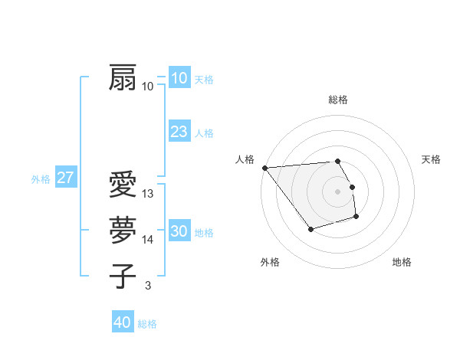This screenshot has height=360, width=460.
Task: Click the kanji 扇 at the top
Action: coord(123,77)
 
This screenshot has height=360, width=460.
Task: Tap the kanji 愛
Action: coord(123,185)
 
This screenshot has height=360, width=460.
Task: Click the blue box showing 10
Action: coord(179,78)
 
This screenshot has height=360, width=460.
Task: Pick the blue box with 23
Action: coord(179,132)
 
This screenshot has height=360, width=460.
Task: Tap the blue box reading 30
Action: coord(179,231)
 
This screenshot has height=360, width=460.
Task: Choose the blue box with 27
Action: coord(65,178)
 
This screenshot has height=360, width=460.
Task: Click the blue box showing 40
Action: coord(122,322)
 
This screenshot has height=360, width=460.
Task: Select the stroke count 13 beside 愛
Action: coord(148,194)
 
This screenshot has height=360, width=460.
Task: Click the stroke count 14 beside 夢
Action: coord(148,240)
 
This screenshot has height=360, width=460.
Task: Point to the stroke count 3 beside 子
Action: coord(147,286)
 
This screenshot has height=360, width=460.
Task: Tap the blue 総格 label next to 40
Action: coord(147,324)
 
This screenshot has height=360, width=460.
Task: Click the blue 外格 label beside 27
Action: coord(41,179)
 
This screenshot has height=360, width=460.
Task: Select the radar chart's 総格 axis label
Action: coord(338,100)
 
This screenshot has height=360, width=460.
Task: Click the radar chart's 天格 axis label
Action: coord(432,159)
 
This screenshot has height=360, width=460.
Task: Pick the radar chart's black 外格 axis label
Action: coord(270,262)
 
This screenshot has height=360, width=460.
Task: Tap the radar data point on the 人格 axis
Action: coord(264,168)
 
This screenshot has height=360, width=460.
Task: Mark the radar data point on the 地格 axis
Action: coord(356,218)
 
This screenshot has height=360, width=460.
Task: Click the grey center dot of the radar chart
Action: coord(338,191)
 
